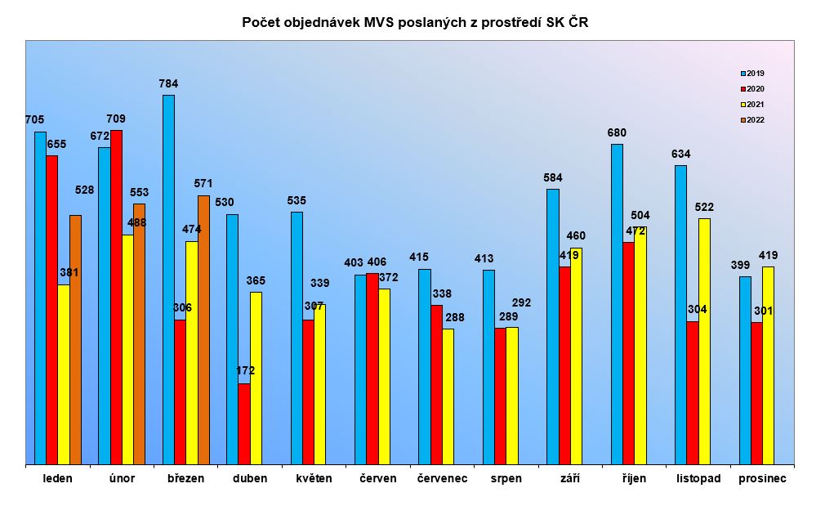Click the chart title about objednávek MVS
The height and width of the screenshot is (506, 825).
(x=415, y=23)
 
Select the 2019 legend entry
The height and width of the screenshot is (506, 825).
(x=751, y=74)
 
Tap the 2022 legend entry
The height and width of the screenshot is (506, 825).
(x=751, y=120)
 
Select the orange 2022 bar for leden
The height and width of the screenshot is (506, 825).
(x=75, y=339)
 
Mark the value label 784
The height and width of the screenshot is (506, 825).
(x=168, y=83)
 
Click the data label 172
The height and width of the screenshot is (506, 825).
(x=245, y=370)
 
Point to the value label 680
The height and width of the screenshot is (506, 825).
(x=617, y=132)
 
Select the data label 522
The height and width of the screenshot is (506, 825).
(x=704, y=207)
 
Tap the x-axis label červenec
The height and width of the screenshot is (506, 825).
(x=442, y=478)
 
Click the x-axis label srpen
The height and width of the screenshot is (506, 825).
(x=506, y=478)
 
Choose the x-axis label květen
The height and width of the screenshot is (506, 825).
(x=314, y=478)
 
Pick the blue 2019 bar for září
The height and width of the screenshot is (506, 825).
(x=553, y=326)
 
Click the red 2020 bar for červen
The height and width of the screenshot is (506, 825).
(x=372, y=369)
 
